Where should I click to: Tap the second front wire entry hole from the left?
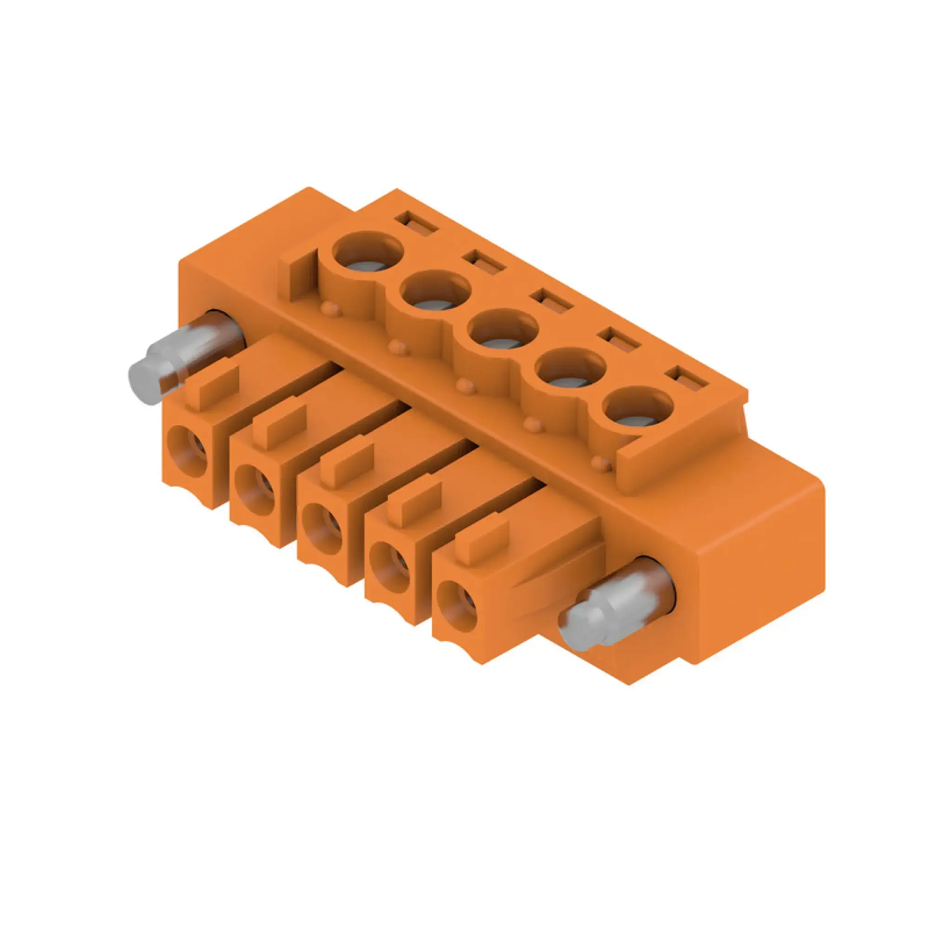pos(255,491)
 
